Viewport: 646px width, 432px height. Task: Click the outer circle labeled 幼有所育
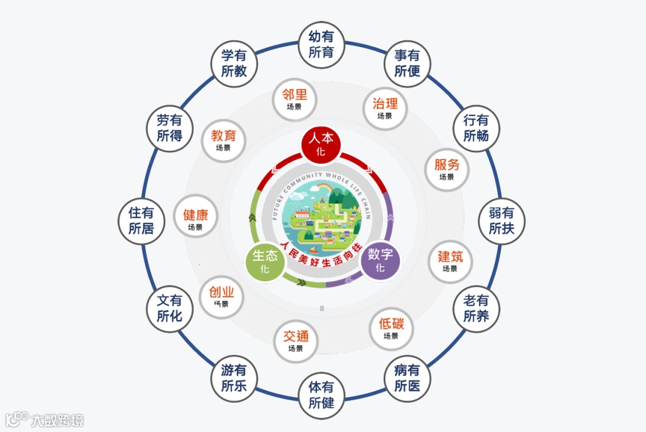[321, 45]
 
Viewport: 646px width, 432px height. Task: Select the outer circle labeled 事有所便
[407, 63]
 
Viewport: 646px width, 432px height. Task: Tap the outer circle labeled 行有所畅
[476, 128]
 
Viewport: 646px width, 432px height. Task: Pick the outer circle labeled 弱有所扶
[501, 221]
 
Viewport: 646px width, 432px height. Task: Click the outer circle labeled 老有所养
[476, 309]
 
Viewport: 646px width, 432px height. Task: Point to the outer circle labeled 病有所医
[407, 379]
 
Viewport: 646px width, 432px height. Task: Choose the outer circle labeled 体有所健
[321, 395]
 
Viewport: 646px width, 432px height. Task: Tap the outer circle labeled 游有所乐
[234, 379]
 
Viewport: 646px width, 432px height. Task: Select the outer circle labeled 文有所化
[170, 309]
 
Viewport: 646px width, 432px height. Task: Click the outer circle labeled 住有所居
[141, 221]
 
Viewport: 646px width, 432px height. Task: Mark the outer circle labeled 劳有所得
[170, 128]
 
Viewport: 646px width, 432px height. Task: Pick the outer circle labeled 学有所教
[234, 63]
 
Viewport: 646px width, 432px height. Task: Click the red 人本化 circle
[321, 144]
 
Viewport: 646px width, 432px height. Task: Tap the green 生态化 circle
[265, 261]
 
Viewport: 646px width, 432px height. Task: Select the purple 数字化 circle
[380, 260]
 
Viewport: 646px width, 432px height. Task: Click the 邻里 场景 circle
[294, 99]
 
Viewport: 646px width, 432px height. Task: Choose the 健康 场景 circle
[196, 220]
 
